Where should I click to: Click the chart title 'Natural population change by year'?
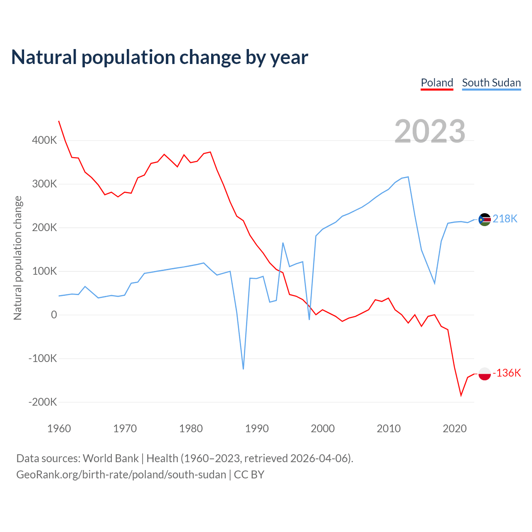coord(160,57)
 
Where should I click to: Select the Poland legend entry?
coord(437,83)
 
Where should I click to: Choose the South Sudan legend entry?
coord(491,83)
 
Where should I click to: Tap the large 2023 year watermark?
coord(430,131)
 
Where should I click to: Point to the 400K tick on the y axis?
coord(44,140)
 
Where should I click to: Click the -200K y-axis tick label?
coord(42,402)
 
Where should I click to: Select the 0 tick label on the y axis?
coord(54,315)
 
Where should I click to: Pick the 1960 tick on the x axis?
coord(59,429)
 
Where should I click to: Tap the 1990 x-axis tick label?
coord(257,429)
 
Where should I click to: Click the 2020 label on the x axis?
coord(455,429)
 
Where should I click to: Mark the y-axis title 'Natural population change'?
coord(17,258)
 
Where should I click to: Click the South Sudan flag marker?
coord(485,219)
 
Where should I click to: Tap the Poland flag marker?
coord(485,374)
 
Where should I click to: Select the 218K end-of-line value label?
coord(505,219)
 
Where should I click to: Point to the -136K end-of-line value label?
coord(507,373)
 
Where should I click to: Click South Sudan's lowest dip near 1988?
coord(243,369)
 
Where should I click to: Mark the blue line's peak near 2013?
coord(408,177)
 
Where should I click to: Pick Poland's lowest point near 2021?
coord(461,395)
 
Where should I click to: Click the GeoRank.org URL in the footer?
coord(121,475)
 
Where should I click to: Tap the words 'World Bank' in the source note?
coord(111,458)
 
